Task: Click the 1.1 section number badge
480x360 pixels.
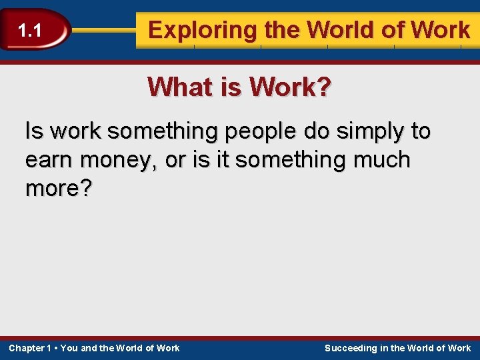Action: tap(30, 30)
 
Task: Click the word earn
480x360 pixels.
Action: tap(49, 160)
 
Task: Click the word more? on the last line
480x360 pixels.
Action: tap(59, 189)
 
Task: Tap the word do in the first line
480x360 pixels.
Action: tap(317, 131)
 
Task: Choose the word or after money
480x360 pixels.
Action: tap(175, 160)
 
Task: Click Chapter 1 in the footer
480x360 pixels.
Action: tap(30, 348)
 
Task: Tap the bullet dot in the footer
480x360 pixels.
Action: tap(56, 348)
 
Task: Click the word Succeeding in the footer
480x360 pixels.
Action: tap(351, 348)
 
